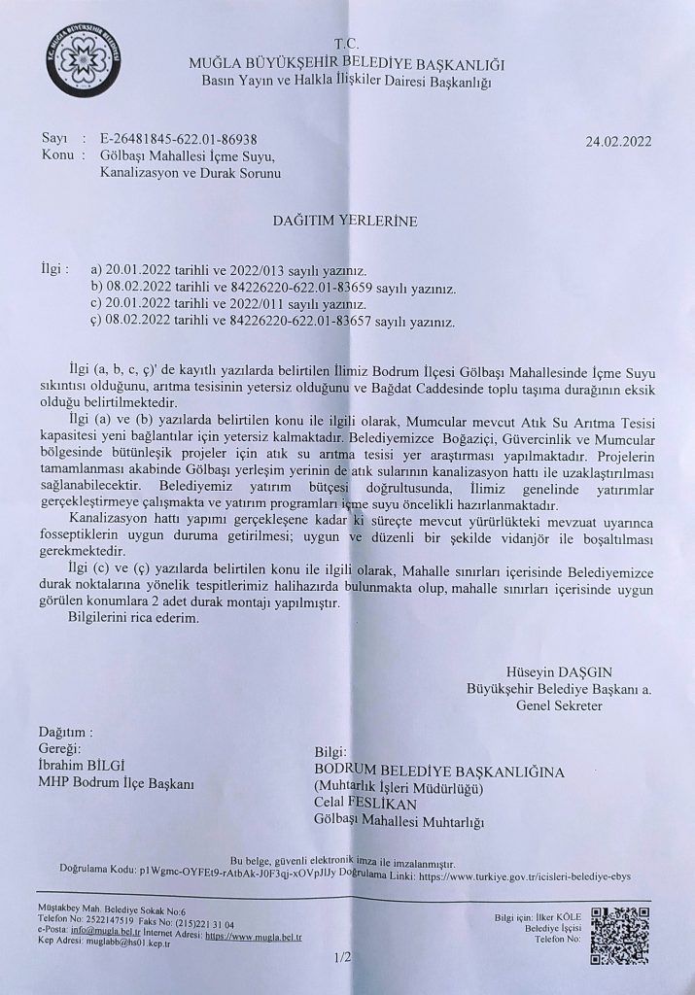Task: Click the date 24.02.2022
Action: click(x=618, y=140)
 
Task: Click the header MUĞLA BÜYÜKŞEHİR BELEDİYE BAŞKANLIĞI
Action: click(x=347, y=64)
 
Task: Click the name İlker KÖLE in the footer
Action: click(x=544, y=915)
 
